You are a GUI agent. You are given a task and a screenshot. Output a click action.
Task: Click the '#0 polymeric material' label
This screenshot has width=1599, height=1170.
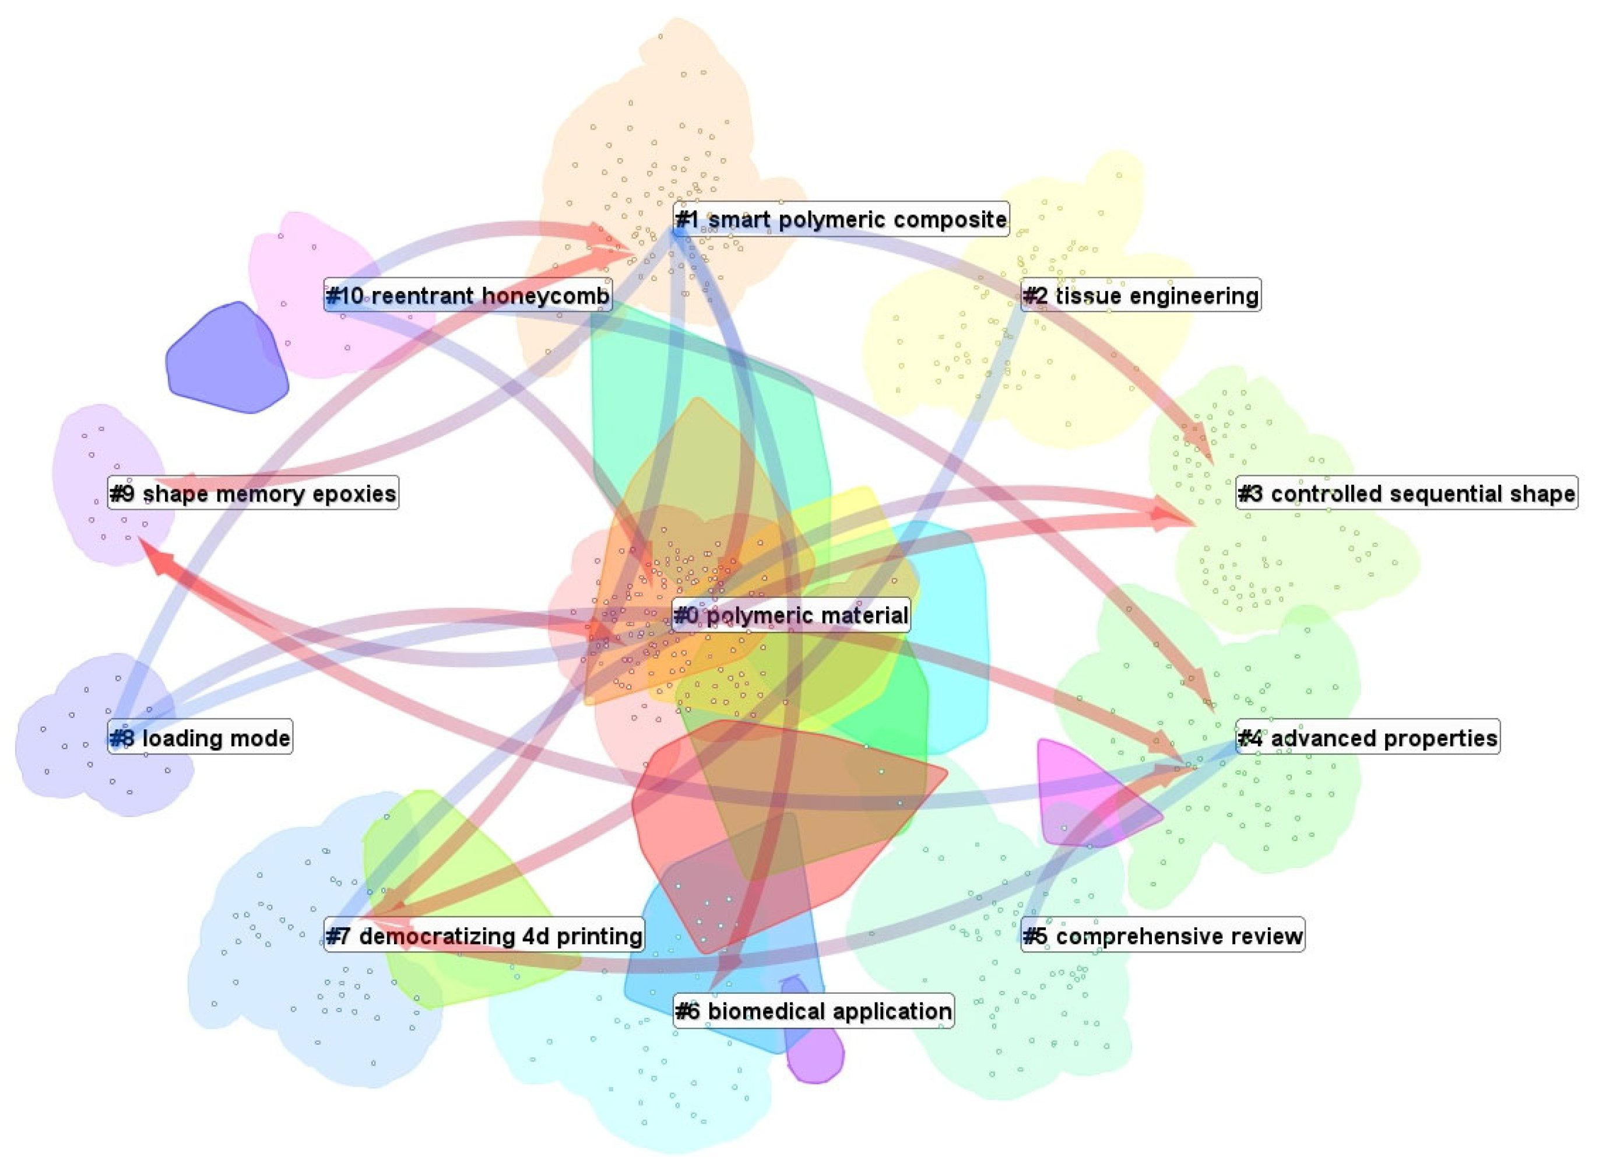(x=790, y=615)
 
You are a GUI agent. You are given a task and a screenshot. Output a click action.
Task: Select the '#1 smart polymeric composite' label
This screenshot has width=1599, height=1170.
(x=841, y=219)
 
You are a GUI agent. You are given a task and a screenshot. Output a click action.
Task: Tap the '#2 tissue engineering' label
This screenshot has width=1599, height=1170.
(x=1140, y=295)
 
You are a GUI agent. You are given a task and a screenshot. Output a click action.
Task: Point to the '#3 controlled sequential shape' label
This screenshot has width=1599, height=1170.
(x=1407, y=493)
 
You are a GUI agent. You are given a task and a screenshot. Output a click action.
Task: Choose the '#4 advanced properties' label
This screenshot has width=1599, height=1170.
(x=1367, y=738)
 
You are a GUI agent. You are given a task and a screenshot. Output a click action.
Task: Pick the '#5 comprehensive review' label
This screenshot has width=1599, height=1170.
(x=1162, y=936)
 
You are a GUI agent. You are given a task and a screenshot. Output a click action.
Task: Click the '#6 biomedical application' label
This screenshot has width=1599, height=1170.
(x=813, y=1011)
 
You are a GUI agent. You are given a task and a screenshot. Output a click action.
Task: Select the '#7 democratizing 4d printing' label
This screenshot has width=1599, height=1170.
(x=484, y=936)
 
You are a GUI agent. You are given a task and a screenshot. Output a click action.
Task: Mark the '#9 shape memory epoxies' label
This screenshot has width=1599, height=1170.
(x=252, y=493)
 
